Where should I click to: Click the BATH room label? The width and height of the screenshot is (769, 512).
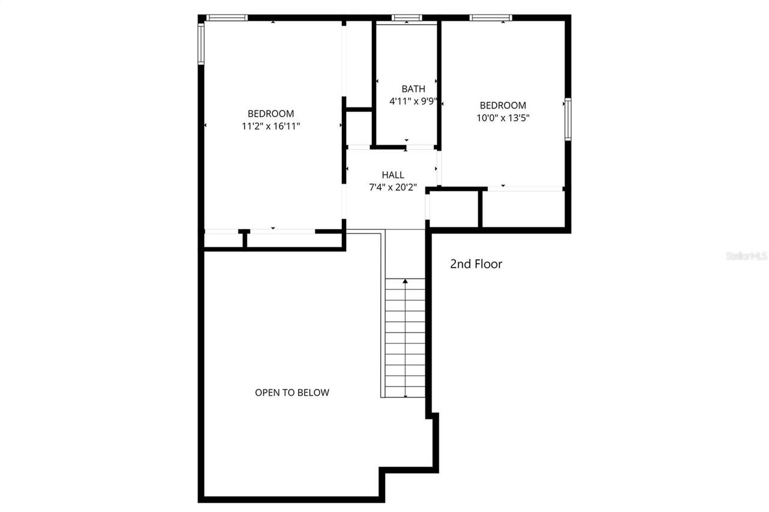(413, 89)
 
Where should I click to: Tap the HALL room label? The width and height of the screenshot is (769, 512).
(393, 175)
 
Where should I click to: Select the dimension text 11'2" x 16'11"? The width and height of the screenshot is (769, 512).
(271, 126)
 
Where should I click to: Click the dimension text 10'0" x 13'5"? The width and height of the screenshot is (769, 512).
(503, 118)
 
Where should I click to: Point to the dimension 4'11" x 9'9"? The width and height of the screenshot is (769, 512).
(413, 101)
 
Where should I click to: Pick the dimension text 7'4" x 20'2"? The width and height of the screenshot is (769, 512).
(393, 187)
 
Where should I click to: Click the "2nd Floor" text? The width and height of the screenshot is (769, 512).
(476, 264)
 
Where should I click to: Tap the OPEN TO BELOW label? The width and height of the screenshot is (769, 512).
(292, 393)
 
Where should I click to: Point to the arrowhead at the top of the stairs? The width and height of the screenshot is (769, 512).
(405, 280)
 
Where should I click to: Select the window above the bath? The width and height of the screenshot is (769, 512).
(407, 18)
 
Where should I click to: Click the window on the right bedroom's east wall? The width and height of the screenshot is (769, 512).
(568, 120)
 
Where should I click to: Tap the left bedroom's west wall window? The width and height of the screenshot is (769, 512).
(201, 43)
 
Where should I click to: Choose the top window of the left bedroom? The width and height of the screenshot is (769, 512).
(226, 18)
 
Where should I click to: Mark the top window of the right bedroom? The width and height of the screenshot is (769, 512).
(490, 18)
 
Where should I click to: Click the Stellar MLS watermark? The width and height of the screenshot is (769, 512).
(747, 256)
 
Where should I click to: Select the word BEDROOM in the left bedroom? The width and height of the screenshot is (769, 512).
(271, 113)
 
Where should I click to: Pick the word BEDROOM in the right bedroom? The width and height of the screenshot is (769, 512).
(503, 106)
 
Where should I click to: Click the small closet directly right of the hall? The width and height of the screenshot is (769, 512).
(454, 209)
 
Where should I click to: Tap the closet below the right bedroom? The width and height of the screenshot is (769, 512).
(523, 209)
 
